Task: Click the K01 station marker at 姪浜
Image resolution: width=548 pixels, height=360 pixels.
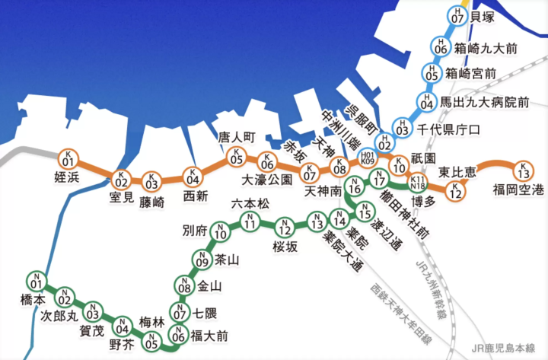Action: click(x=68, y=160)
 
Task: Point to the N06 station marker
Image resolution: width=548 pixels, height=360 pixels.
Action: click(x=178, y=333)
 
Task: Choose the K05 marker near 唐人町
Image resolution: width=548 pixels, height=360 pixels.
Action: click(x=237, y=158)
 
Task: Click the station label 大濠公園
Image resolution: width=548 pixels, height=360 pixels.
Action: click(x=267, y=180)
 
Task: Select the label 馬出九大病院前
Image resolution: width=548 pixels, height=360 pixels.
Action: click(x=485, y=100)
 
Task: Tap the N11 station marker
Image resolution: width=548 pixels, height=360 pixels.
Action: click(x=250, y=222)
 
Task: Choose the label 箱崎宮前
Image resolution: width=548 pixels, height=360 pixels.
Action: click(x=470, y=74)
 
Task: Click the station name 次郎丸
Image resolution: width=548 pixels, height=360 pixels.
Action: click(x=59, y=315)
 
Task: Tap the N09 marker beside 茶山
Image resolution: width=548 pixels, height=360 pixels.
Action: click(x=202, y=260)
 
